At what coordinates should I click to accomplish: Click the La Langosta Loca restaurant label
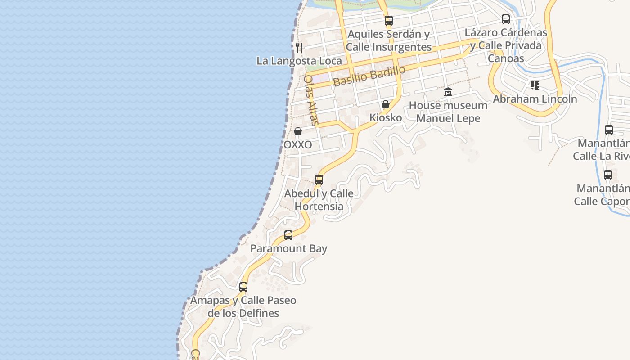(x=299, y=61)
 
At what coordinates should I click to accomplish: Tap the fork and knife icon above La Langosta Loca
(x=299, y=47)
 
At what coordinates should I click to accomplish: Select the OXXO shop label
(x=298, y=145)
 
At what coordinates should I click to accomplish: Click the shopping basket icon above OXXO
(x=298, y=131)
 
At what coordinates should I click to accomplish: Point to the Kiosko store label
(x=386, y=118)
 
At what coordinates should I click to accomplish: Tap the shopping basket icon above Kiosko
(x=386, y=104)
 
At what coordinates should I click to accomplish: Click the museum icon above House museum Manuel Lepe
(x=448, y=92)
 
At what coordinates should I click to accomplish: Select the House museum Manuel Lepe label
(x=448, y=112)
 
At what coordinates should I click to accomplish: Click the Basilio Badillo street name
(x=369, y=76)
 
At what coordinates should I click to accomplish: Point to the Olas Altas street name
(x=311, y=100)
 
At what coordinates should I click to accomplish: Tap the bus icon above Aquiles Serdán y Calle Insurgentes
(x=389, y=20)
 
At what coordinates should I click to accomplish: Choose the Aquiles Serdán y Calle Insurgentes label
(x=389, y=40)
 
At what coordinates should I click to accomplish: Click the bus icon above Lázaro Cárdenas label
(x=506, y=19)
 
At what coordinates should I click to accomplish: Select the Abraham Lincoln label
(x=535, y=99)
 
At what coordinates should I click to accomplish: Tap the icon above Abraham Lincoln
(x=535, y=85)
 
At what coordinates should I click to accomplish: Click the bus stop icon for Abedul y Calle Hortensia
(x=319, y=180)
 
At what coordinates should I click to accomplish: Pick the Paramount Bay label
(x=288, y=249)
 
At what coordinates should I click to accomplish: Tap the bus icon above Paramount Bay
(x=288, y=235)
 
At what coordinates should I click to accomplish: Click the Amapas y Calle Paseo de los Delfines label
(x=243, y=306)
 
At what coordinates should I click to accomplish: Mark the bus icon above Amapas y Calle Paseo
(x=243, y=287)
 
